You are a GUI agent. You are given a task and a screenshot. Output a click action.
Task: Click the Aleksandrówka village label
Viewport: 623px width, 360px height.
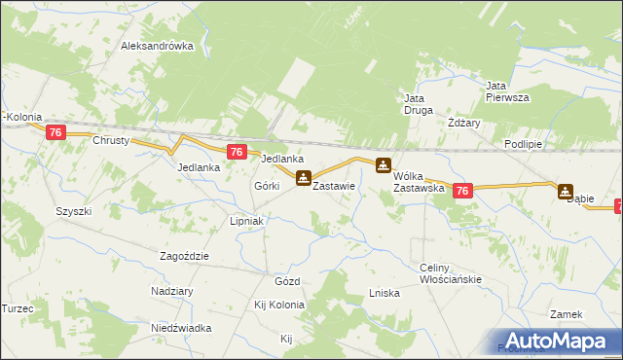pos(158,46)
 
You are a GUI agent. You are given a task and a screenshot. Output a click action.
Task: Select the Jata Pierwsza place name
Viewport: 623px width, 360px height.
pos(507,91)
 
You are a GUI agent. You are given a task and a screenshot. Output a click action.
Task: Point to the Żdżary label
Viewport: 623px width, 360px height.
pos(464,124)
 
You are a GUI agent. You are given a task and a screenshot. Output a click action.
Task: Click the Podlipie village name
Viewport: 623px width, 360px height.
pos(523,143)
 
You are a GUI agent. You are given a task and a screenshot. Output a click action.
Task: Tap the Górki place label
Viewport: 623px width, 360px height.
pos(267,185)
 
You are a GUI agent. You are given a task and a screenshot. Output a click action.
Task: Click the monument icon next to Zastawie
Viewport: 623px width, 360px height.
pos(304,179)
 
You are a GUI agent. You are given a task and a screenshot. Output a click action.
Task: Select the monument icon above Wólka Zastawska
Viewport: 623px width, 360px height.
pos(385,166)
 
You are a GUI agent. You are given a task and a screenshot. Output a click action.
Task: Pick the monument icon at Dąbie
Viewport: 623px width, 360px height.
pos(566,191)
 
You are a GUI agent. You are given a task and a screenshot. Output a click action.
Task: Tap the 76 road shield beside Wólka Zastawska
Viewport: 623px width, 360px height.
pos(462,192)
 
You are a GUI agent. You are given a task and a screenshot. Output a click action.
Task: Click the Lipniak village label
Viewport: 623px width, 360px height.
pos(247,221)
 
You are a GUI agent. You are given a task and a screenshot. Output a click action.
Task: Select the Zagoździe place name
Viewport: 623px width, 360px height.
pos(184,256)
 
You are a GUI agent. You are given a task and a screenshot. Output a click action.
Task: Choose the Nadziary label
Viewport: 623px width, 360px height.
pos(170,291)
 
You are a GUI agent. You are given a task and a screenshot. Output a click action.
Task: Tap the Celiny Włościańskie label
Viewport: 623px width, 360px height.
pos(451,273)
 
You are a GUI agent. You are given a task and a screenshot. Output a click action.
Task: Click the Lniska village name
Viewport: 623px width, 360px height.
pos(385,293)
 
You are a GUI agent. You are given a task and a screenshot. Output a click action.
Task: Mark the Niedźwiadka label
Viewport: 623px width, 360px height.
pos(181,328)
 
